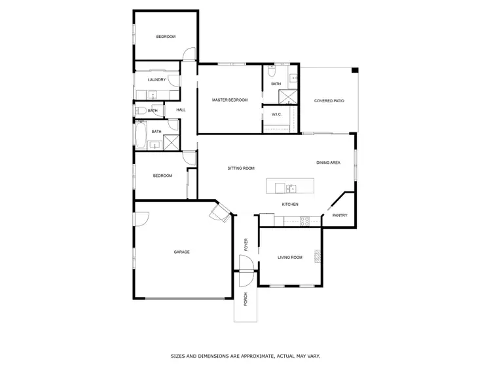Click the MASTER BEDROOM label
(x=230, y=100)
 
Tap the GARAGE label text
(x=181, y=252)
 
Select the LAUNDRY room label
(x=156, y=80)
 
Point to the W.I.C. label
(x=276, y=115)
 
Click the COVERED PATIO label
(x=329, y=100)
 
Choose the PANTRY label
(x=339, y=215)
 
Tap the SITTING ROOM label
(x=240, y=168)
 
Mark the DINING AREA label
(x=328, y=163)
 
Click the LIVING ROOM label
(x=290, y=258)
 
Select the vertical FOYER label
(x=247, y=244)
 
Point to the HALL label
(x=181, y=109)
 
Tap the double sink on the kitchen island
(x=289, y=189)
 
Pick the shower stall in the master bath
(x=287, y=97)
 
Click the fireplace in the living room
(x=318, y=257)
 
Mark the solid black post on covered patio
(x=355, y=70)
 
